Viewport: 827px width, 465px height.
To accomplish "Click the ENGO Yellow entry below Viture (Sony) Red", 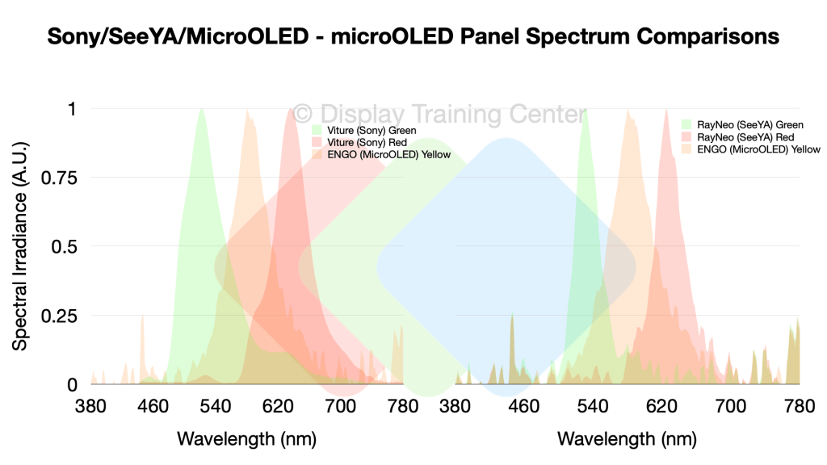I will [389, 154].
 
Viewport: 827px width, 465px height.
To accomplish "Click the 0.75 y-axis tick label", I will [59, 178].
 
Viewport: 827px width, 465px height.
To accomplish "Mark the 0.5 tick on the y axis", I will [64, 246].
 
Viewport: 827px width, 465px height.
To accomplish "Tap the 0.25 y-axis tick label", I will [59, 316].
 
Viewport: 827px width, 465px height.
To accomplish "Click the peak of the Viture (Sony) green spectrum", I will [200, 109].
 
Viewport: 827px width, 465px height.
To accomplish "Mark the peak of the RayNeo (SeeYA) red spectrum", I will [666, 109].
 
